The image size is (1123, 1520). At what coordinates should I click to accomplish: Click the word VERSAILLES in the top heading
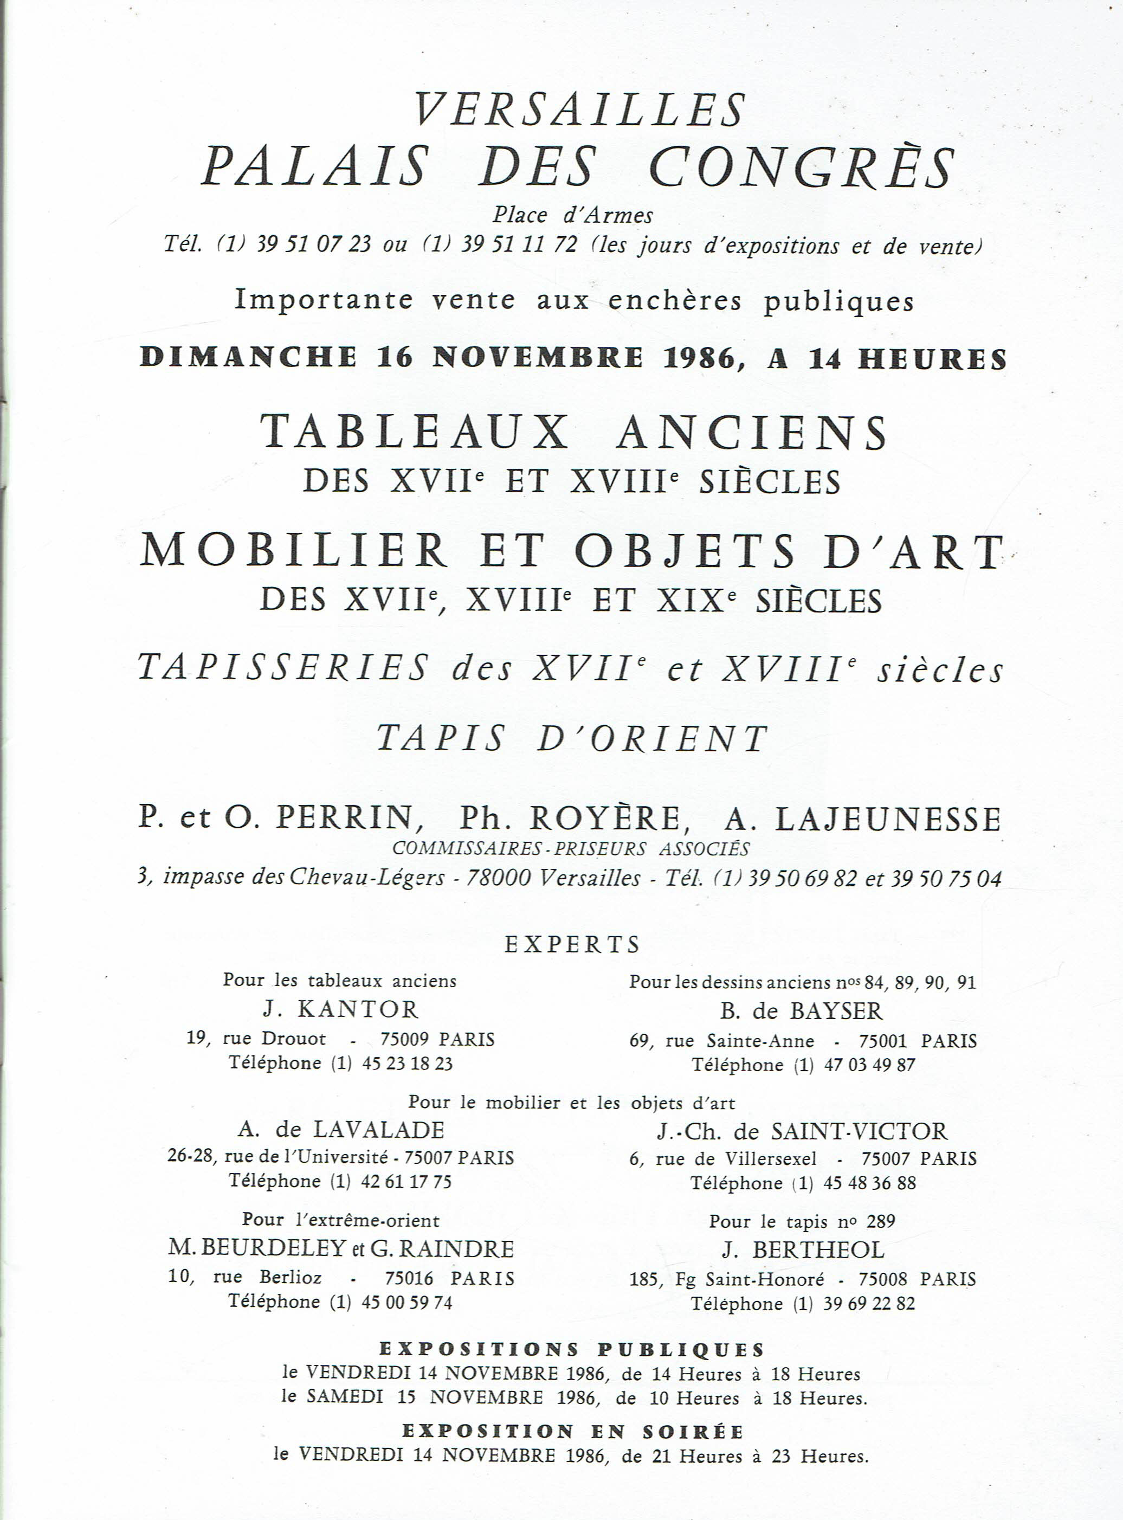[x=580, y=110]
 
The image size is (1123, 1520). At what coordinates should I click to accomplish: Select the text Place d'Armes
[x=572, y=216]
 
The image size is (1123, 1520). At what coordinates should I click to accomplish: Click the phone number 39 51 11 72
[x=519, y=244]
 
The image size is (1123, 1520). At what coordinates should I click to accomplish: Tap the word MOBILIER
[x=294, y=551]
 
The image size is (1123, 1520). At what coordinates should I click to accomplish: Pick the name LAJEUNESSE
[x=888, y=819]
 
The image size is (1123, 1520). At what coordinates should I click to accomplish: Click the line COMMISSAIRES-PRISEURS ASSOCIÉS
[x=571, y=849]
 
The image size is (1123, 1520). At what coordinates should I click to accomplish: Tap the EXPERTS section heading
[x=572, y=944]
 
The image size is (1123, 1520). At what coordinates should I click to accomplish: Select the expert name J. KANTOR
[x=340, y=1009]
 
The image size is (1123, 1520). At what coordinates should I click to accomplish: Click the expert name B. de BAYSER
[x=802, y=1011]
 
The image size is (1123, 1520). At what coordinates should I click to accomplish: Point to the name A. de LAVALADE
[x=340, y=1130]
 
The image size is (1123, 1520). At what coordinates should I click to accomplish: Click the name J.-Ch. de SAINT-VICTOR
[x=802, y=1131]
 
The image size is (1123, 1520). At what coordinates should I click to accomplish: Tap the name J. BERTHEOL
[x=802, y=1250]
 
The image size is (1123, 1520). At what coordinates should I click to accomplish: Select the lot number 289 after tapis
[x=880, y=1221]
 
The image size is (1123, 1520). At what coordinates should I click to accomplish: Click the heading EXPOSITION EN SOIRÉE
[x=572, y=1432]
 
